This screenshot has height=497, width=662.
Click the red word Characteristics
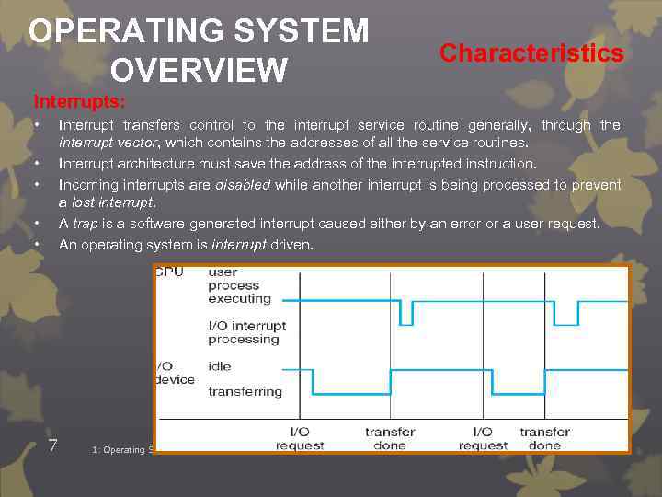click(531, 53)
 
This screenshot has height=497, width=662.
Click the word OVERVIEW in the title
click(198, 69)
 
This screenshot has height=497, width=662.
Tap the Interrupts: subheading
click(81, 99)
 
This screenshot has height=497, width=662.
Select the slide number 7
click(53, 445)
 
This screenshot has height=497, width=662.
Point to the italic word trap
click(86, 224)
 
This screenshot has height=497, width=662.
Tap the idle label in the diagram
click(220, 366)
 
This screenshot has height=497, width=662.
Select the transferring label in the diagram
click(245, 391)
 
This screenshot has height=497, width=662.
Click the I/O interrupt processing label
click(247, 332)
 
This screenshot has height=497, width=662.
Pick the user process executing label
click(239, 285)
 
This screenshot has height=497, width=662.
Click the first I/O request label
click(300, 438)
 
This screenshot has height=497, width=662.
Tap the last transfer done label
click(545, 438)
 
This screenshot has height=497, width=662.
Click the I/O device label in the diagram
click(175, 373)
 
